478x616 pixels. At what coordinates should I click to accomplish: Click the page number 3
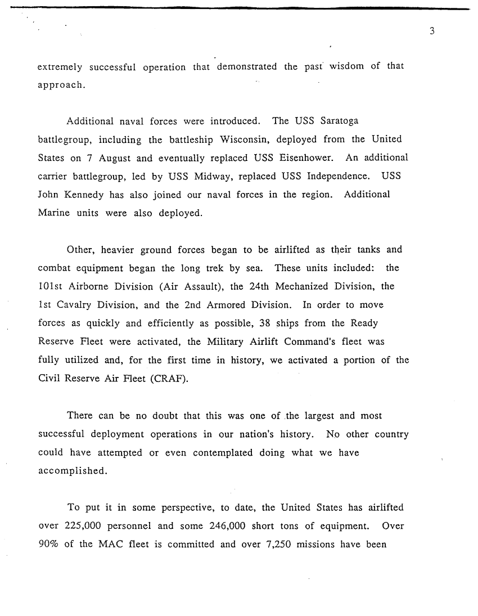point(432,32)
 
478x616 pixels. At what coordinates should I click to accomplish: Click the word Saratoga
point(339,121)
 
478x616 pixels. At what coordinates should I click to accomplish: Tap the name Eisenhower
point(309,158)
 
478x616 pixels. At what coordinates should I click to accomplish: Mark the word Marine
point(52,213)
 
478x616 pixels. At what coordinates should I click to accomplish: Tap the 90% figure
point(49,545)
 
